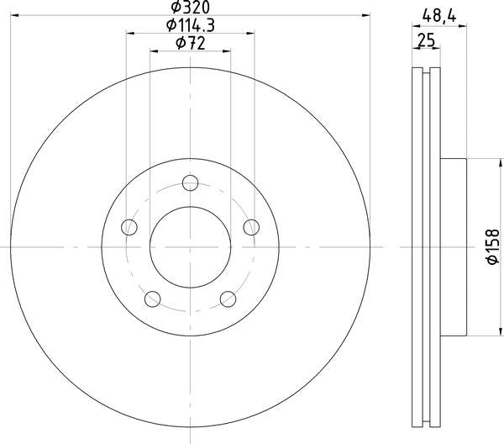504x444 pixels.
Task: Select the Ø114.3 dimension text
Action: click(x=191, y=26)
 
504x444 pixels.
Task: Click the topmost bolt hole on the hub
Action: click(x=191, y=182)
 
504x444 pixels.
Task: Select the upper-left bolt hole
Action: click(x=129, y=226)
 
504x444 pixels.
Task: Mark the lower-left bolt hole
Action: click(x=152, y=298)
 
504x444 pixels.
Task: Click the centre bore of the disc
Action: click(x=191, y=246)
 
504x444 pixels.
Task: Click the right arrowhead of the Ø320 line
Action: click(x=366, y=15)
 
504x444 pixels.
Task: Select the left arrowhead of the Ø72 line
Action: click(x=154, y=50)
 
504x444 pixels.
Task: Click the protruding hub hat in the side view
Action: click(x=453, y=246)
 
